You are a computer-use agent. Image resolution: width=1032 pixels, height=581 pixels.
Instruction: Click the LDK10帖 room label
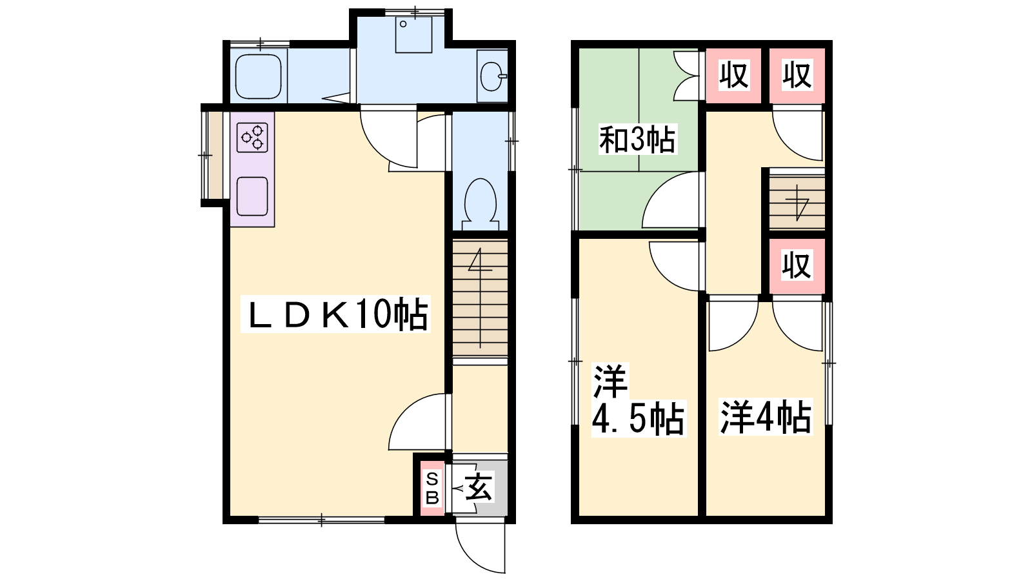click(335, 314)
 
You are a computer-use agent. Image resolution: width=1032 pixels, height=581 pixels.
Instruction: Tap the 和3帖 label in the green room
click(637, 139)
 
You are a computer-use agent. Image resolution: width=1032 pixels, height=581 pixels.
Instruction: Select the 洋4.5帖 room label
click(639, 400)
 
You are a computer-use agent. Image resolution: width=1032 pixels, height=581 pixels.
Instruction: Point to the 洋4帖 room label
click(766, 417)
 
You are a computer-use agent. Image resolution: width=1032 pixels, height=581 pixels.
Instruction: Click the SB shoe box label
click(432, 489)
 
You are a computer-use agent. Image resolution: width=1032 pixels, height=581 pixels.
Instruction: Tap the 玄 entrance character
click(479, 487)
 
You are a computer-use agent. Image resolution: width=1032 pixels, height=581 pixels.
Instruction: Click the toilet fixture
click(481, 204)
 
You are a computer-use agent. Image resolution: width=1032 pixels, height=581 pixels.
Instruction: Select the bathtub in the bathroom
click(259, 76)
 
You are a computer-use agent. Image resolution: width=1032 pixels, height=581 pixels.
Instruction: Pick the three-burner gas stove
click(252, 138)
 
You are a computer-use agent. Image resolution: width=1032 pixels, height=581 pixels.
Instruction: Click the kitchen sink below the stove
click(252, 196)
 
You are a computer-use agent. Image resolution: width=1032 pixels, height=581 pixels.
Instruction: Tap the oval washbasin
click(492, 76)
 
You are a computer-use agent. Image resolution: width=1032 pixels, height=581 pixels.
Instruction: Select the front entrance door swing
click(479, 546)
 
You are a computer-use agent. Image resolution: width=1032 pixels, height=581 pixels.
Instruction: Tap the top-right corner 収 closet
click(797, 76)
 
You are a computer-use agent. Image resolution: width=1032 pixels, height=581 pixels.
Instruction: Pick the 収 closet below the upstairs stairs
click(797, 266)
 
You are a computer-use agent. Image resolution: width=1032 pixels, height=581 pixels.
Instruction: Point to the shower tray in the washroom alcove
click(413, 35)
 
